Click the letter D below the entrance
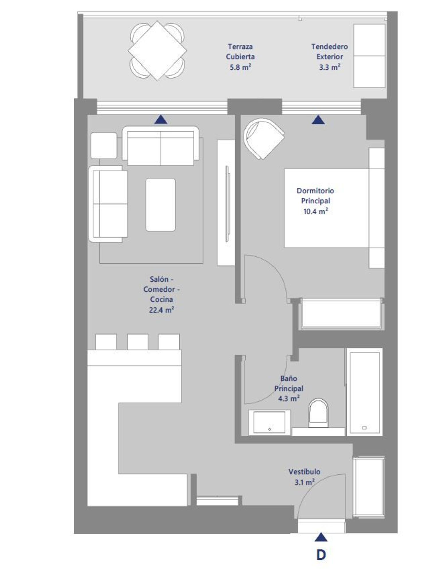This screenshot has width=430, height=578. tap(321, 555)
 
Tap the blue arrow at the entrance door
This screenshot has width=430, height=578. tap(321, 537)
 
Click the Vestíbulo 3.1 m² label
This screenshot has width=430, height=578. tap(304, 477)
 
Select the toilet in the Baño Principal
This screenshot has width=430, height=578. tap(318, 413)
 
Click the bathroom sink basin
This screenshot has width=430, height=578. tap(269, 422)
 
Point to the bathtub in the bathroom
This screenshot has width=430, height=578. tap(364, 392)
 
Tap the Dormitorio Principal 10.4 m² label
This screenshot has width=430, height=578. tap(315, 201)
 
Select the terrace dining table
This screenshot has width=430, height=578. tap(157, 51)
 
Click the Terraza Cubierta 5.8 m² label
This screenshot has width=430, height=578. tap(240, 57)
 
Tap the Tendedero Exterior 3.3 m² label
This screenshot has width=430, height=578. tap(330, 57)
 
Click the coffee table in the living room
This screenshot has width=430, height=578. tap(161, 205)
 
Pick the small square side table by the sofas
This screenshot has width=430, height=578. tap(104, 145)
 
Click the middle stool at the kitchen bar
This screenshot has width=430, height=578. tap(138, 342)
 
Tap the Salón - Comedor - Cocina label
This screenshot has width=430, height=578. tap(161, 294)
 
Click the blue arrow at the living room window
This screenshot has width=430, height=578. tap(161, 119)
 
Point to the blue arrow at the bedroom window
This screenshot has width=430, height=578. tap(318, 119)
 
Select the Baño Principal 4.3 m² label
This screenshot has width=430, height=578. tap(289, 389)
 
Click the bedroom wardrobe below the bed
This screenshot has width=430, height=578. tap(341, 314)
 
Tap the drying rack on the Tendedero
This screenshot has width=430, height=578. tap(369, 56)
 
